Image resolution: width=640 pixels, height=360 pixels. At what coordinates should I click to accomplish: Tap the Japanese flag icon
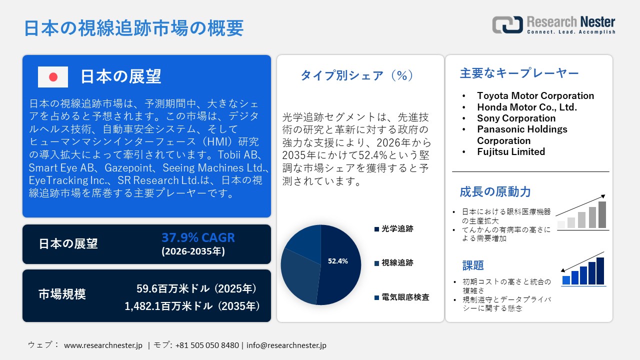(53, 76)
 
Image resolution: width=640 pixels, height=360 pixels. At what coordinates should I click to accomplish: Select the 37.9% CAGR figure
(198, 237)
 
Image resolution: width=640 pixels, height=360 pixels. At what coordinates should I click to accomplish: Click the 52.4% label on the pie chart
(337, 261)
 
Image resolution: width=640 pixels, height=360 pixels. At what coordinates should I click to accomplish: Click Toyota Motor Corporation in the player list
(535, 95)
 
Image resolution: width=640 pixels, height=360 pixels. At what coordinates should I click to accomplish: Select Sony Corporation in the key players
(516, 118)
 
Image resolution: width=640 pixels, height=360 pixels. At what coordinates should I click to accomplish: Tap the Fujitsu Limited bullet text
(511, 151)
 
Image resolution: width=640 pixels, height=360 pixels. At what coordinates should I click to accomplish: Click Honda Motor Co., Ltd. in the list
(527, 107)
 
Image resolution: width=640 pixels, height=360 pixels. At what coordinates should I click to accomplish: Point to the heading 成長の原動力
(495, 192)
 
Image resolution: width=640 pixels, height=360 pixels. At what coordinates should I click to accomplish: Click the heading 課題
(472, 265)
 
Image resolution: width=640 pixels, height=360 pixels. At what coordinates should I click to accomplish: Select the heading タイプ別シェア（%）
(357, 75)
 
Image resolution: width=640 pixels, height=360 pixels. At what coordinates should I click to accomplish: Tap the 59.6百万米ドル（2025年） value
(198, 289)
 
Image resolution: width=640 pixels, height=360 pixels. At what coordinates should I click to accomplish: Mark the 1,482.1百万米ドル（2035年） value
(192, 306)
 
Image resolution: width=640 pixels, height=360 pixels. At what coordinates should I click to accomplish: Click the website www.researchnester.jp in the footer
(103, 345)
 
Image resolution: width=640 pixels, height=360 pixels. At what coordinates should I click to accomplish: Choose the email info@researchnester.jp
(286, 345)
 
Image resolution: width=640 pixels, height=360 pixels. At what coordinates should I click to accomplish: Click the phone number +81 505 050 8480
(207, 345)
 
